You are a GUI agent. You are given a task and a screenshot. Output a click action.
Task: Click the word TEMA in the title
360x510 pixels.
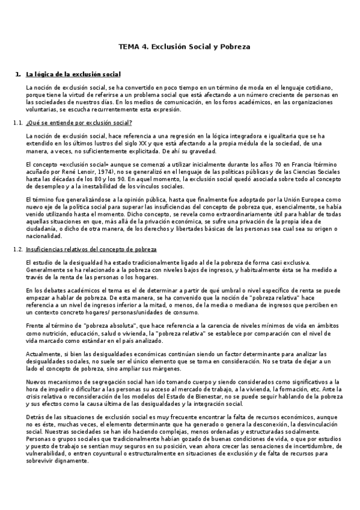coord(130,46)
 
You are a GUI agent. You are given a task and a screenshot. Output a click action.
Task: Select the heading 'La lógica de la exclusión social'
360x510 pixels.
coord(73,75)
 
